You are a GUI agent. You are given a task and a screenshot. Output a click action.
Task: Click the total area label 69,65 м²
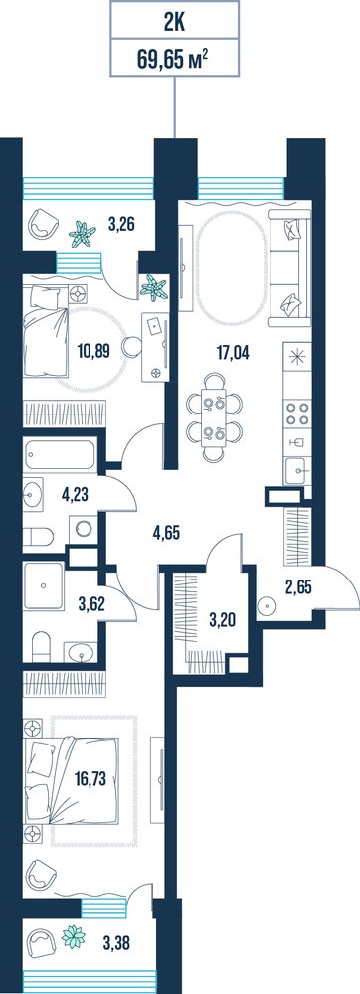pos(173,60)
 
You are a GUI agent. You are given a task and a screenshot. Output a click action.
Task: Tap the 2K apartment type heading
pos(174,24)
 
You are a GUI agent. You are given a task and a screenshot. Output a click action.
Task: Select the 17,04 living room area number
pos(232,351)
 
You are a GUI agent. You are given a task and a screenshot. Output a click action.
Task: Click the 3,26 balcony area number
pos(122,223)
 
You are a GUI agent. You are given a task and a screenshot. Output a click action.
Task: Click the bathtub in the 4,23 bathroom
pos(61,454)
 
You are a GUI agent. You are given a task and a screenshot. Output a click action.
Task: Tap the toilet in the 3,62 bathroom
pos(39,646)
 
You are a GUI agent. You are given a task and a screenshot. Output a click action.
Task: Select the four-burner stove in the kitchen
pos(297,414)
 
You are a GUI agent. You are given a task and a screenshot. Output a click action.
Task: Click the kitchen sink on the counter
pos(297,471)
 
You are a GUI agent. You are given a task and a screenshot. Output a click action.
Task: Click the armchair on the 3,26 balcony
pos(44,223)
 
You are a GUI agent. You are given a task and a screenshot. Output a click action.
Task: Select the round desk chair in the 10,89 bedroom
pos(131,347)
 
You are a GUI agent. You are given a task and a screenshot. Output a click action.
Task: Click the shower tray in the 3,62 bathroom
pos(44,583)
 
